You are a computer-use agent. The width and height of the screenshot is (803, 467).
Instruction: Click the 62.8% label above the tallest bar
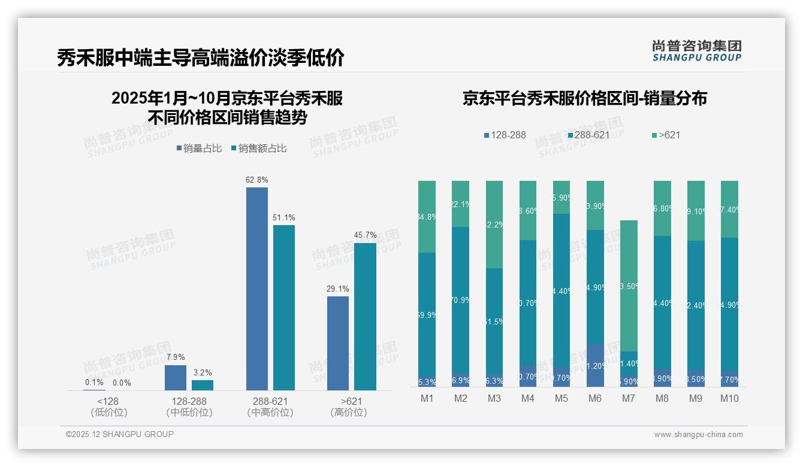pyautogui.click(x=256, y=180)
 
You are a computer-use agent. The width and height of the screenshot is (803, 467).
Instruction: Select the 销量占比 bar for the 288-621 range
pyautogui.click(x=256, y=289)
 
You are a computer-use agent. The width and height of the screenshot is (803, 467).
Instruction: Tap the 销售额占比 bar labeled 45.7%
pyautogui.click(x=365, y=316)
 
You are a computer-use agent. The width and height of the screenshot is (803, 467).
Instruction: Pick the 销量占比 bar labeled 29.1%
pyautogui.click(x=338, y=343)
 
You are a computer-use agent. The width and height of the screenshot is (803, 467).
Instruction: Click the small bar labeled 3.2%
pyautogui.click(x=203, y=385)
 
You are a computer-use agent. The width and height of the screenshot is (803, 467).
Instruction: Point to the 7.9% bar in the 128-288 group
pyautogui.click(x=176, y=378)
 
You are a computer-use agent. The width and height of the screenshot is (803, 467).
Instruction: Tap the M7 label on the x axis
pyautogui.click(x=629, y=398)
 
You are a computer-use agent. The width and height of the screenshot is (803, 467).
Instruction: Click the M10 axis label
pyautogui.click(x=729, y=398)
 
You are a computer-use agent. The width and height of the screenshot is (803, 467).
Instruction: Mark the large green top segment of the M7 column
pyautogui.click(x=629, y=286)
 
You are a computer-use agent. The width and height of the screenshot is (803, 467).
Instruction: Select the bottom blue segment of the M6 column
pyautogui.click(x=595, y=365)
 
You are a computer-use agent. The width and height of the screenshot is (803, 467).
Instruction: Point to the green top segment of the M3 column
pyautogui.click(x=494, y=225)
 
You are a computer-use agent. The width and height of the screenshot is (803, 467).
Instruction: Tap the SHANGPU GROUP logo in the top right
pyautogui.click(x=696, y=51)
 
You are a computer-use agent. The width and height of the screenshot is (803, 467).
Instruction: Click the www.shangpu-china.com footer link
pyautogui.click(x=698, y=435)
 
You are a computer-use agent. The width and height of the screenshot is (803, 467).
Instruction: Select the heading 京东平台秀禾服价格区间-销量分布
pyautogui.click(x=584, y=98)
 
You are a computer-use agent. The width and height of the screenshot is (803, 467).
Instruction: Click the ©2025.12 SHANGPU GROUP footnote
pyautogui.click(x=120, y=434)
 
